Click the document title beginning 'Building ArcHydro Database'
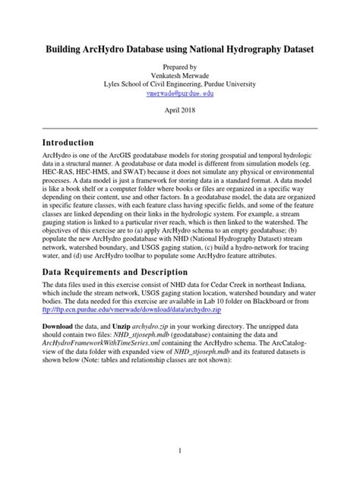click(179, 48)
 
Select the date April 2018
click(180, 109)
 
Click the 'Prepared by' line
click(180, 67)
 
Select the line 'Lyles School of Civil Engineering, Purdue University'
click(180, 83)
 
